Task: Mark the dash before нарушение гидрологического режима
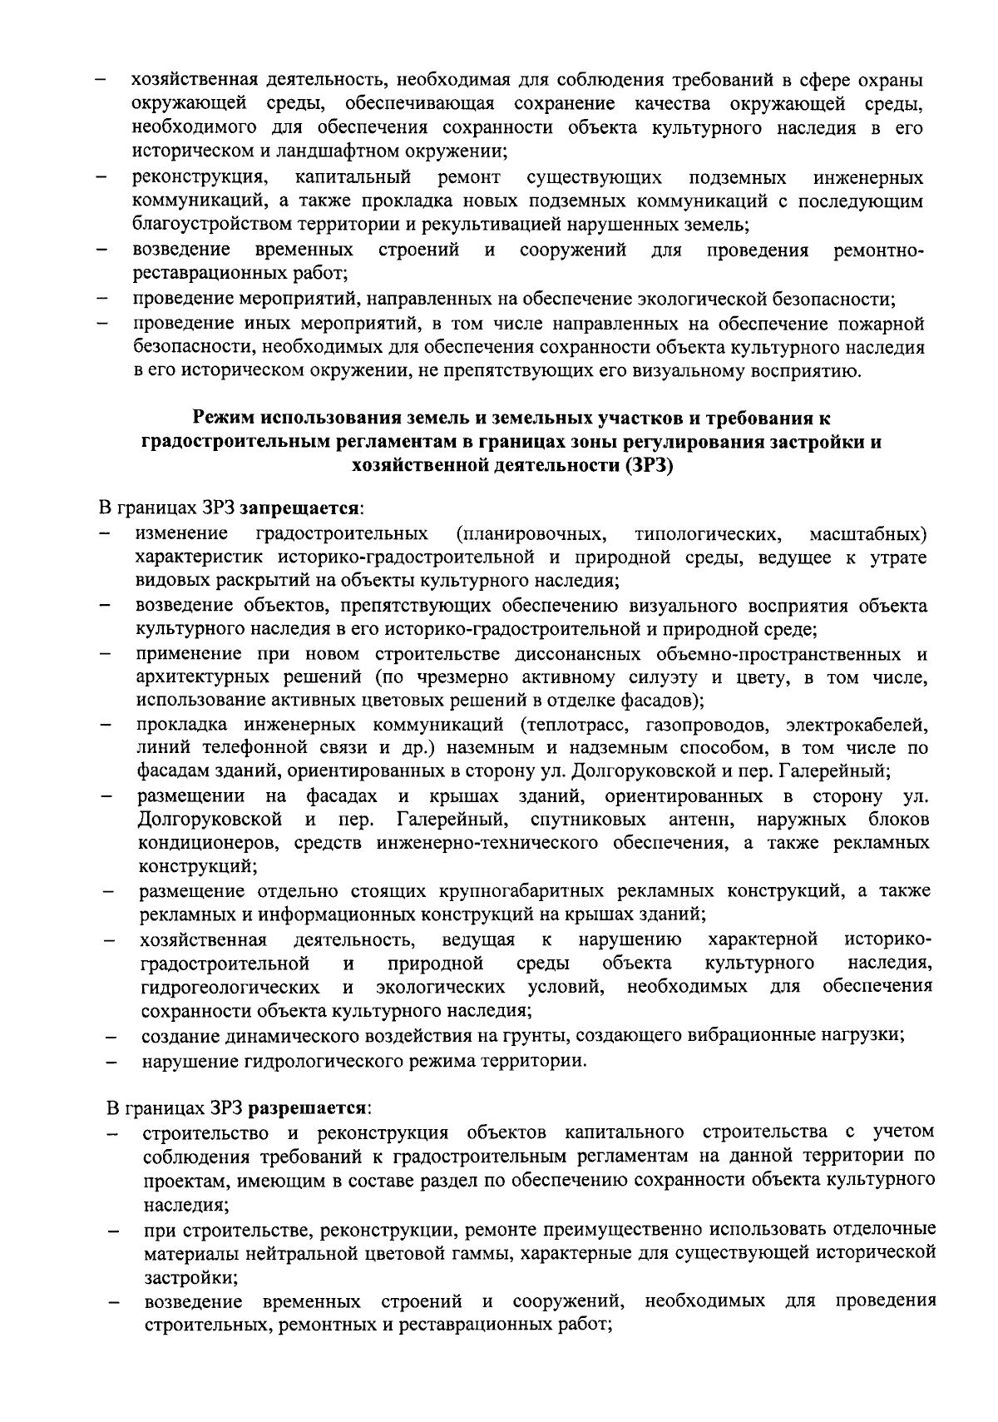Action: [108, 1063]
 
